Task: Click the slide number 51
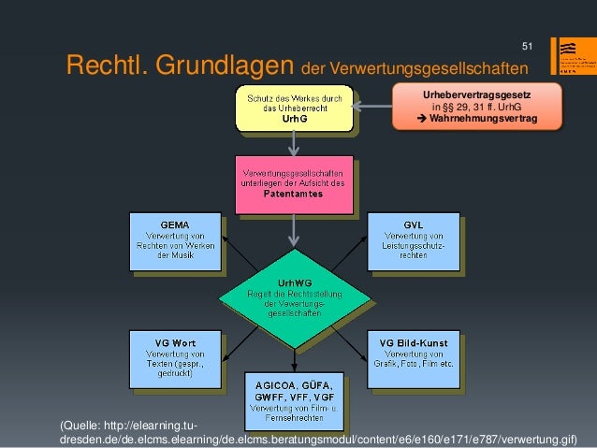pos(527,47)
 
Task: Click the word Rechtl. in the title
pos(103,66)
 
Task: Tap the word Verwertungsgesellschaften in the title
pos(415,69)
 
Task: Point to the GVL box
pos(413,240)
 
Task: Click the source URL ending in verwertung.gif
pos(318,438)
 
